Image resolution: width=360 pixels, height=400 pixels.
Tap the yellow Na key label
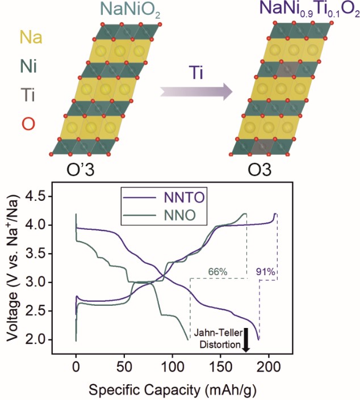click(x=30, y=38)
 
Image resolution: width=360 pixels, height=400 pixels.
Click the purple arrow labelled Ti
click(x=196, y=91)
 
